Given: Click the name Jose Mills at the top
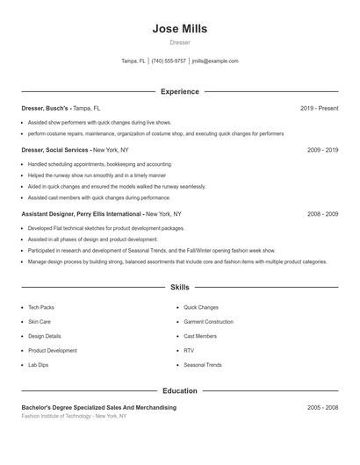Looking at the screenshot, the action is (179, 29).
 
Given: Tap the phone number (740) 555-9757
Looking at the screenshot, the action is (169, 61).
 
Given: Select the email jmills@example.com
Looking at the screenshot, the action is (215, 61).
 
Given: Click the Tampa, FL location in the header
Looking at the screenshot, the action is (133, 61).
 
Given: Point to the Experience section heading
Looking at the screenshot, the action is (179, 91).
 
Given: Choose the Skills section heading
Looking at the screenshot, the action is (179, 288).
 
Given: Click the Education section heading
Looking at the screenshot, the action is (179, 391).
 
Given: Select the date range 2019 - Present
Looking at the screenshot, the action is (319, 108).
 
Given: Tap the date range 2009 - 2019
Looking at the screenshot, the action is (322, 150).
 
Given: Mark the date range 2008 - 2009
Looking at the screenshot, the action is (322, 213).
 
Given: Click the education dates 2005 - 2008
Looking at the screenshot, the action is (322, 408).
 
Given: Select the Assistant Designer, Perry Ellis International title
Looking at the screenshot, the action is (82, 213).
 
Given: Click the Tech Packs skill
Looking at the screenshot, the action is (40, 308).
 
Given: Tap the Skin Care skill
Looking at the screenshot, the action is (39, 322).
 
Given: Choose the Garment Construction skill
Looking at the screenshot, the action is (208, 322).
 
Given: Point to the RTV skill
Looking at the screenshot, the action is (189, 350).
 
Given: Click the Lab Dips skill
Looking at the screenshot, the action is (38, 364).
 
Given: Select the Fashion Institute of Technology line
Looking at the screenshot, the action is (74, 416).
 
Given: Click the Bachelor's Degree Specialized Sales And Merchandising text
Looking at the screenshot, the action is (98, 408).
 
